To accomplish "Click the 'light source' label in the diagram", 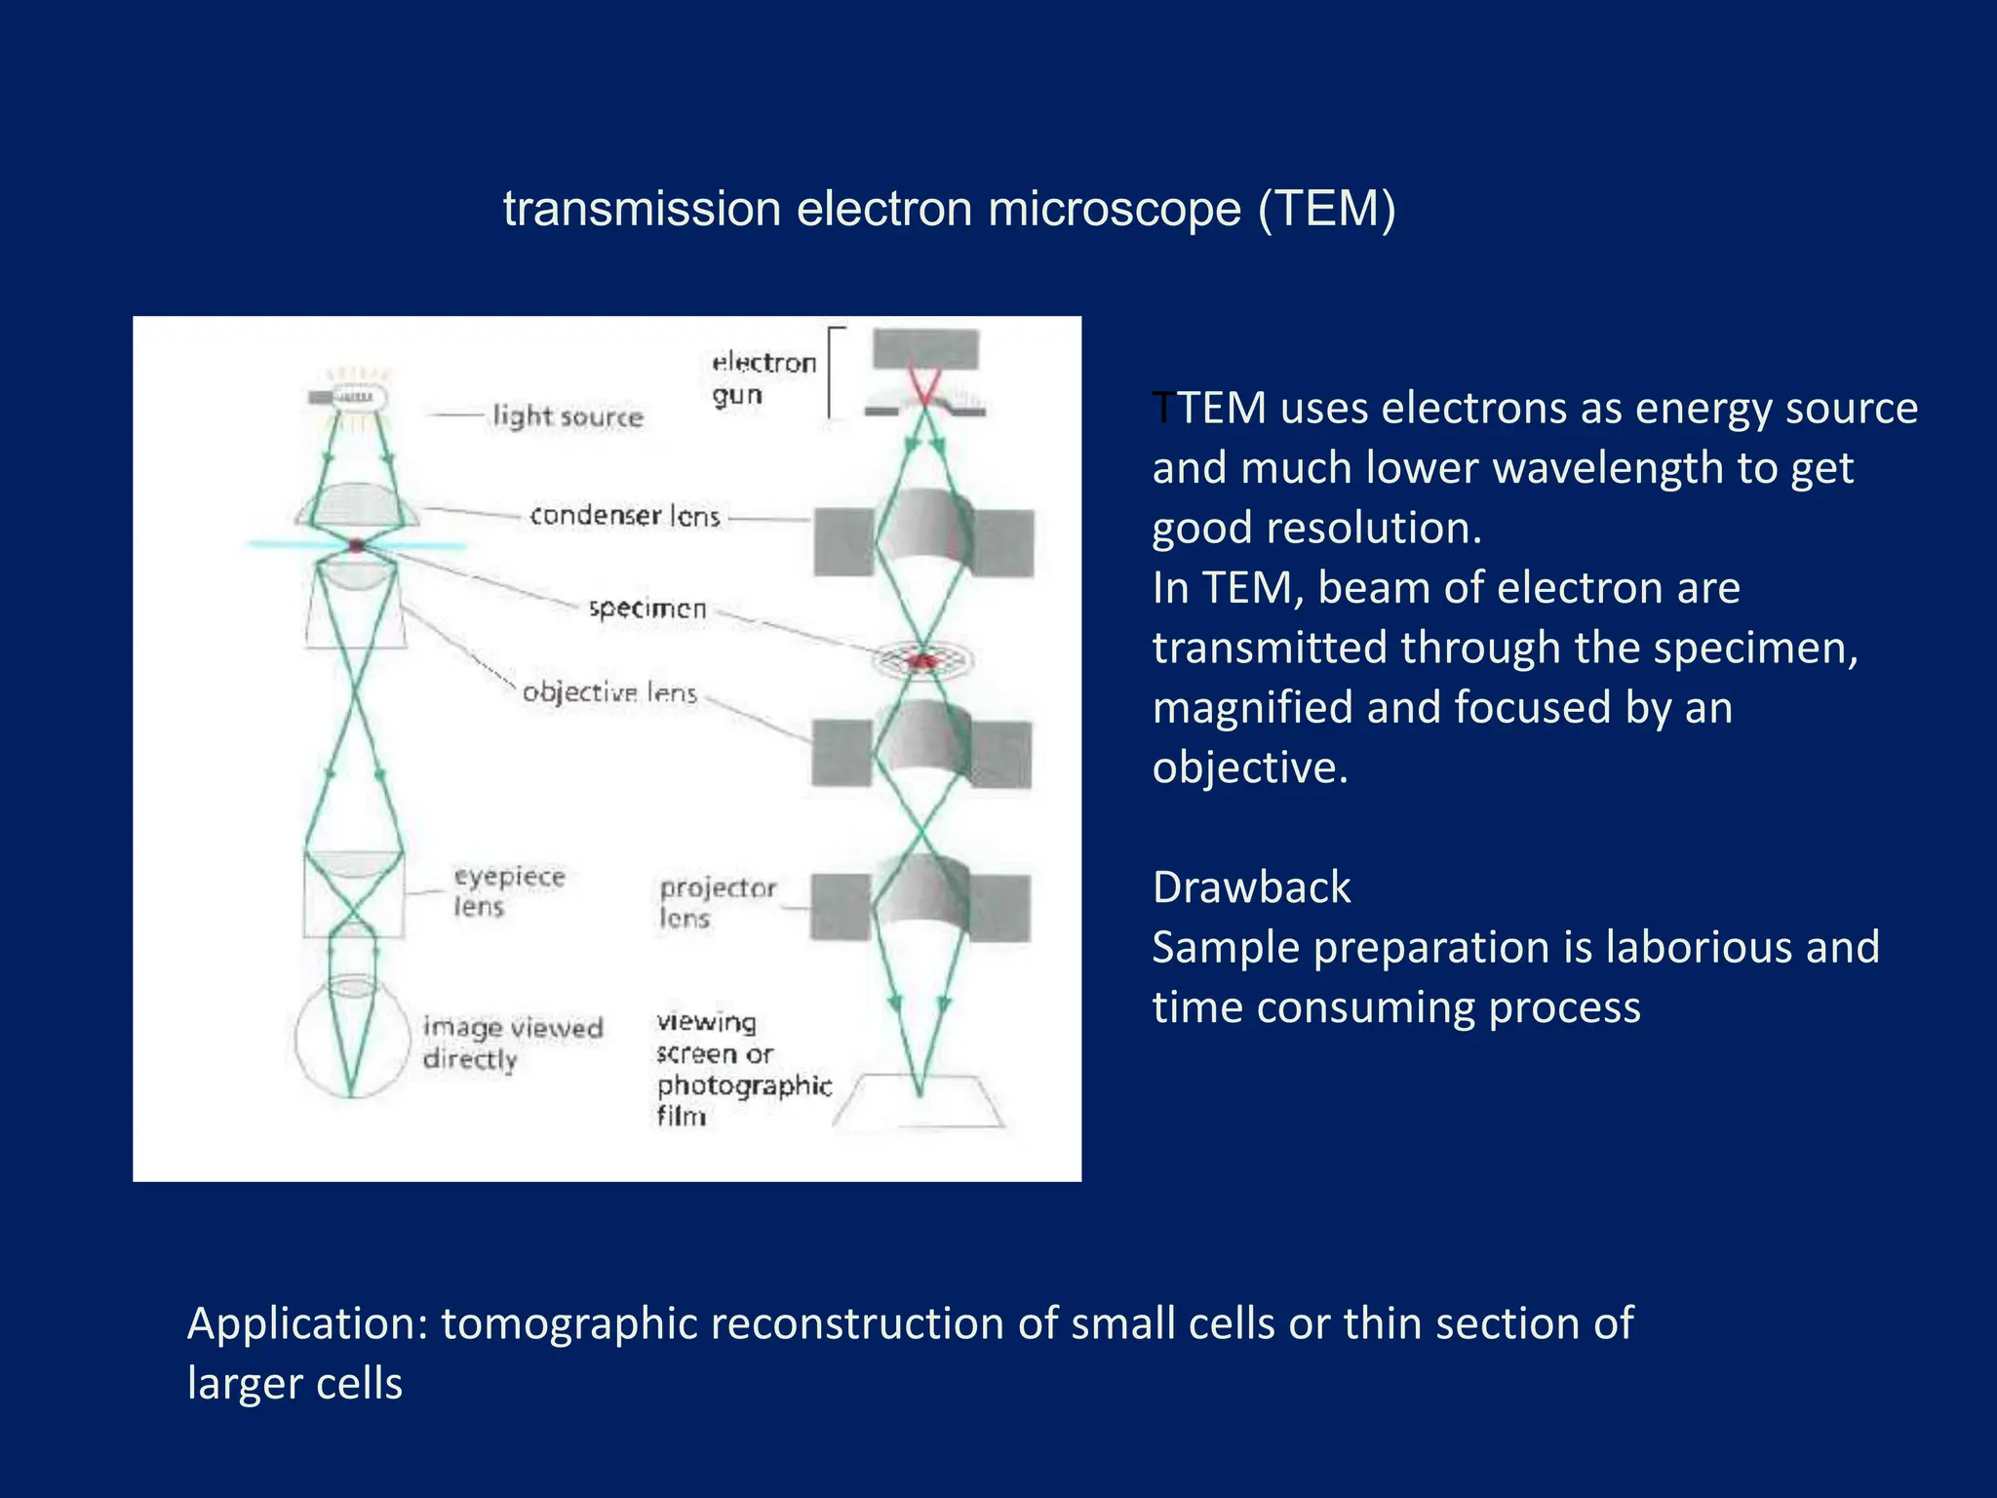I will coord(568,416).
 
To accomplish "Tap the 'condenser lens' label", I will coord(624,515).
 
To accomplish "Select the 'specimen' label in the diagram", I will coord(647,609).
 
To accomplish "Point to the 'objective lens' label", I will coord(609,692).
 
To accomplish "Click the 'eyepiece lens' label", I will coord(508,891).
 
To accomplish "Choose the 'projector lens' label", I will coord(717,902).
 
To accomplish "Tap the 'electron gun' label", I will coord(763,378).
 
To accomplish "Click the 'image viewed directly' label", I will coord(513,1043).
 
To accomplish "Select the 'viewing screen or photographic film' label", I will coord(743,1069).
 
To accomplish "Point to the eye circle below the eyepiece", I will coord(352,1036).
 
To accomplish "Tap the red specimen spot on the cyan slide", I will coord(357,545).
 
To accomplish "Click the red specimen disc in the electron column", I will coord(922,661).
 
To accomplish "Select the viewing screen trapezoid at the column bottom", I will coord(920,1103).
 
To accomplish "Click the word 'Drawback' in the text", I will coord(1251,887).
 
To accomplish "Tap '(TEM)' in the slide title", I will coord(1326,209).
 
